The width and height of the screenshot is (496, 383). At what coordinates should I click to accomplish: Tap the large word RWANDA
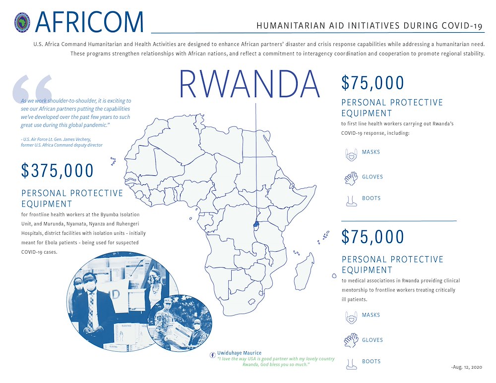point(249,84)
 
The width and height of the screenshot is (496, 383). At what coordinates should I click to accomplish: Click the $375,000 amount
point(58,170)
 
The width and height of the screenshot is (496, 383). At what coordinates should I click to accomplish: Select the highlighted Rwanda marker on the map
point(256,224)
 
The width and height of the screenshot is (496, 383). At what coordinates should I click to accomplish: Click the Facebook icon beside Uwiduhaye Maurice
point(213,354)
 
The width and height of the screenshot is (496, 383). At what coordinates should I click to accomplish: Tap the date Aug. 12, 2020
point(467,367)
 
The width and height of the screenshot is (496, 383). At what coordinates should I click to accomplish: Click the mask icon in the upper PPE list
point(351,155)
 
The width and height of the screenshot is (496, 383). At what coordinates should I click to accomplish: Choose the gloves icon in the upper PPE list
point(351,178)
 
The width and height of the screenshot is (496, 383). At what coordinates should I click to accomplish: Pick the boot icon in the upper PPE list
point(351,200)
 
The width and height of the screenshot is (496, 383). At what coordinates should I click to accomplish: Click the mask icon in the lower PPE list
point(351,317)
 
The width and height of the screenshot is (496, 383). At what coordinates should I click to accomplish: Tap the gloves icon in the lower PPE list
point(351,340)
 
